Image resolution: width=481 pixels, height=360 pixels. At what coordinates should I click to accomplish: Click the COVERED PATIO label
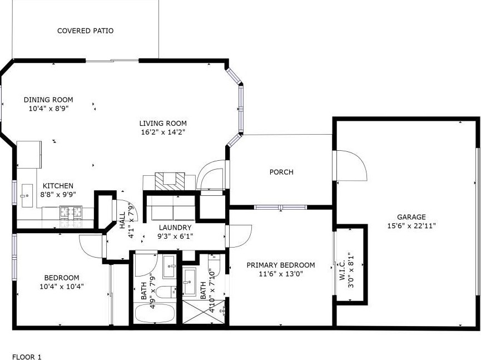(x=85, y=31)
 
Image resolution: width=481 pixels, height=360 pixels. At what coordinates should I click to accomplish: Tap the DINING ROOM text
(x=48, y=100)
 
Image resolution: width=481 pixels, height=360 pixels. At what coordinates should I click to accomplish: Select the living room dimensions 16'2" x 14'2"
(x=162, y=132)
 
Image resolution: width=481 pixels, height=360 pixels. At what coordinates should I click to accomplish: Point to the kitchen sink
(x=26, y=195)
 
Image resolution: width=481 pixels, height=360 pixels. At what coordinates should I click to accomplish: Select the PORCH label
(x=281, y=172)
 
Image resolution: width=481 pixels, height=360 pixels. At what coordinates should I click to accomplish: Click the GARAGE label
(x=411, y=217)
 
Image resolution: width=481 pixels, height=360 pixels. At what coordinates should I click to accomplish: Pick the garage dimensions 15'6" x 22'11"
(x=411, y=226)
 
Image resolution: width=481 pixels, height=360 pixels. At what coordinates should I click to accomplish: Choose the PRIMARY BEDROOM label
(x=281, y=265)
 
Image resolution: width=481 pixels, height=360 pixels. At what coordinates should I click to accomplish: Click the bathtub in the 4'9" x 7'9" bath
(x=154, y=313)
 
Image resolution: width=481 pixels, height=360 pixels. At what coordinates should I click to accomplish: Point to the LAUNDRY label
(x=175, y=228)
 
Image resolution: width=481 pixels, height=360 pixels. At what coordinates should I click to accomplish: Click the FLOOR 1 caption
(x=27, y=357)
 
